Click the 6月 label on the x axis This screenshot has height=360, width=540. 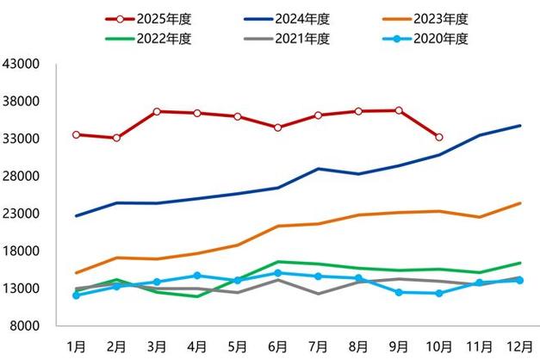tap(276, 344)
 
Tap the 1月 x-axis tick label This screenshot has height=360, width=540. tap(77, 344)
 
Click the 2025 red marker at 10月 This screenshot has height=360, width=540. tap(438, 137)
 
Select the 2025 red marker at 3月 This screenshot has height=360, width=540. tap(157, 111)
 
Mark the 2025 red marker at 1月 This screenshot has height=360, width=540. tap(77, 134)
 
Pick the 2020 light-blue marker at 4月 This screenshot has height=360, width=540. tap(197, 276)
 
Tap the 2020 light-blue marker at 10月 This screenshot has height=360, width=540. tap(438, 293)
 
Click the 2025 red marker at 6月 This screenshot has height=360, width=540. tap(277, 127)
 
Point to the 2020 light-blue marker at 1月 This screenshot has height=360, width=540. tap(77, 295)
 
